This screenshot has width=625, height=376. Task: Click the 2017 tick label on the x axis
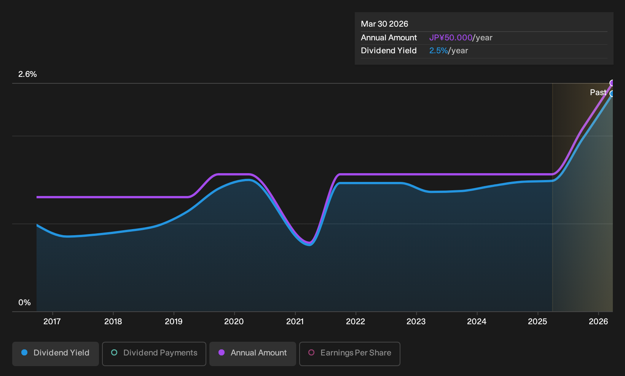tap(52, 322)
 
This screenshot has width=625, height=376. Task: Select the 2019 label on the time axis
tap(174, 322)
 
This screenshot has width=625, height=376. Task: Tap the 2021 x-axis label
tap(295, 322)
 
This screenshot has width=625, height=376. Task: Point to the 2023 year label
tap(416, 322)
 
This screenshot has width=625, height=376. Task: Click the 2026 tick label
tap(598, 322)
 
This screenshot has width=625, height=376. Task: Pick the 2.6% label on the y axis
tap(27, 74)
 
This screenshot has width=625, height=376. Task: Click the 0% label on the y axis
tap(24, 303)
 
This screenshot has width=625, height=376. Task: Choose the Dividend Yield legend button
tap(56, 354)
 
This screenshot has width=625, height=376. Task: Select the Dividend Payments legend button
tap(154, 354)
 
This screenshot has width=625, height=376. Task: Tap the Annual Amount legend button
tap(252, 354)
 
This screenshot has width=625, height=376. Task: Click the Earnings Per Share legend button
tap(349, 354)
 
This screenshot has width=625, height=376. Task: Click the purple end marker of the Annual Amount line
tap(612, 83)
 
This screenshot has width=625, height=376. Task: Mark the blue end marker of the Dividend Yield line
tap(612, 94)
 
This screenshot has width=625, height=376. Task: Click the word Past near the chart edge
tap(598, 92)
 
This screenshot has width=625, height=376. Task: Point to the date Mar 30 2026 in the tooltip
tap(384, 24)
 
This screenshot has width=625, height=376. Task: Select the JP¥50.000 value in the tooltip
tap(451, 38)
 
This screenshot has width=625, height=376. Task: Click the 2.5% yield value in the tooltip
tap(438, 51)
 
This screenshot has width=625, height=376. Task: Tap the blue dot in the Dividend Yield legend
tap(25, 352)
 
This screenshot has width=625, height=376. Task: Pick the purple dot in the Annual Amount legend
tap(222, 352)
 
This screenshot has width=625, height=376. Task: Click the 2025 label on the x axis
tap(537, 322)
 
